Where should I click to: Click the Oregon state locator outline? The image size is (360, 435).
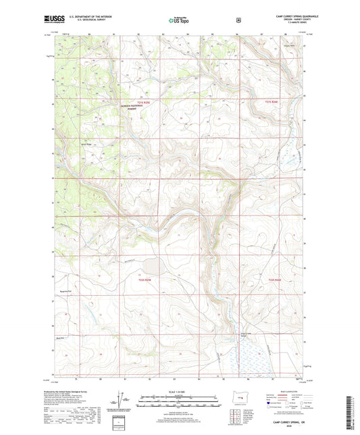[x=240, y=398]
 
